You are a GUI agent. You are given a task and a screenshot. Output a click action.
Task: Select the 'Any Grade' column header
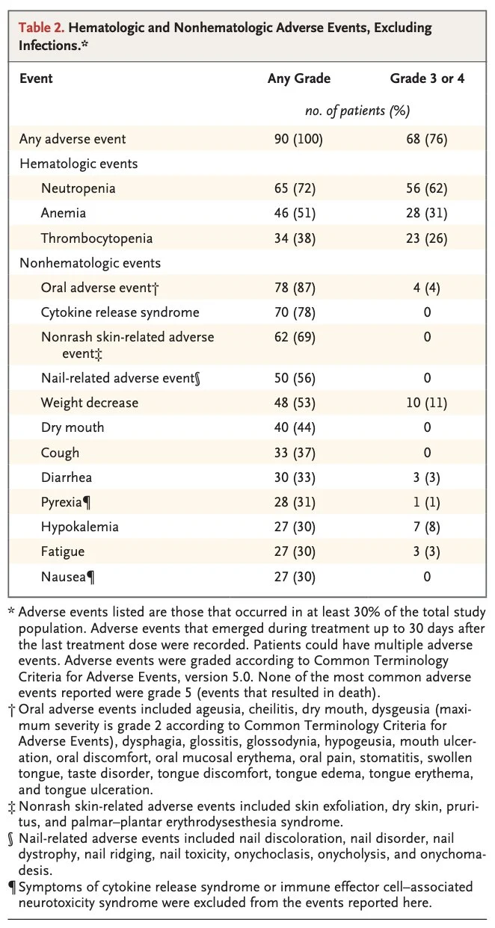[298, 78]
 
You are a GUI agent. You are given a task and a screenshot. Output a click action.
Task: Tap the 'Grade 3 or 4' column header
[427, 78]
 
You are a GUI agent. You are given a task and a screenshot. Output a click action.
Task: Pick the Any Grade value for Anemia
[295, 213]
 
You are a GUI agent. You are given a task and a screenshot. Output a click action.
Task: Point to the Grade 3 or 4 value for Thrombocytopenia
[427, 238]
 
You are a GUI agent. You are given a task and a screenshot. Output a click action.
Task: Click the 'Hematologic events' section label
[79, 164]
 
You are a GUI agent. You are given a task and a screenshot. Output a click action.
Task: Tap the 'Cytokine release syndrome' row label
[120, 312]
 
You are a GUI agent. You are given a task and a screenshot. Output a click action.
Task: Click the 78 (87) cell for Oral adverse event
[295, 288]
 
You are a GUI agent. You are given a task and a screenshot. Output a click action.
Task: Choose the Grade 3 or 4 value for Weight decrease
[427, 403]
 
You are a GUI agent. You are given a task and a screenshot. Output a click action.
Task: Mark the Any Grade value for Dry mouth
[295, 427]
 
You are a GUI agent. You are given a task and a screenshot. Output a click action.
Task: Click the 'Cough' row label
[60, 452]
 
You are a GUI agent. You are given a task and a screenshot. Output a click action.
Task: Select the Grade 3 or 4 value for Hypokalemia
[427, 527]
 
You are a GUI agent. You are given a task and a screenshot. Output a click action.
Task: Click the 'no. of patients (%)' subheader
[357, 111]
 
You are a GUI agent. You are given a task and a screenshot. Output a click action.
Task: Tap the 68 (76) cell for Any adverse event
[427, 139]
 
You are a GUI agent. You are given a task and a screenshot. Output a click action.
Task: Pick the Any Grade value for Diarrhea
[295, 477]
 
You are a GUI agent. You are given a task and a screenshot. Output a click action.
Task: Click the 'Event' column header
[36, 78]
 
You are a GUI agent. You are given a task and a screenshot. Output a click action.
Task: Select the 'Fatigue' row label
[63, 551]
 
